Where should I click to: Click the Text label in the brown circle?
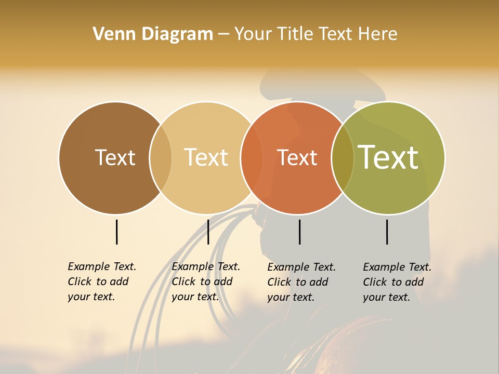click(115, 157)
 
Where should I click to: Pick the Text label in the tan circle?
click(206, 157)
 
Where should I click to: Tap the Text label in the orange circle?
click(297, 158)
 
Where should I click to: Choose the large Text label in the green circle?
click(388, 157)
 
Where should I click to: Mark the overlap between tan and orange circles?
click(251, 158)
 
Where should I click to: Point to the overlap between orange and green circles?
click(343, 158)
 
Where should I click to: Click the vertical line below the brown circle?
click(117, 232)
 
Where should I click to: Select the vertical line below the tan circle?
click(208, 232)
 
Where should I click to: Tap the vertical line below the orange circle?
click(300, 232)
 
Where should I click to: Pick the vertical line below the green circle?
click(387, 232)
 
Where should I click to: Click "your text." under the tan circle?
click(195, 297)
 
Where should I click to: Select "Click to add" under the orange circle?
click(298, 282)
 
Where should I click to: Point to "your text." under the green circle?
click(386, 297)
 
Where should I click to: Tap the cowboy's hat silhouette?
click(322, 86)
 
